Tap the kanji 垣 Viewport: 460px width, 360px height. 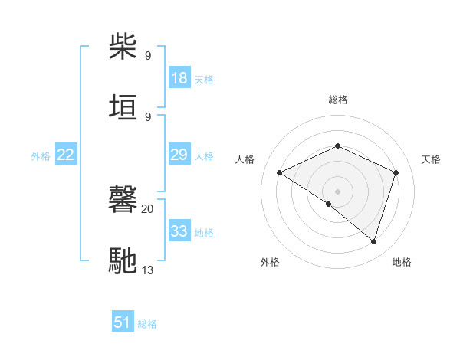124,108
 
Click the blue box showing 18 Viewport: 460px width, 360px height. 179,78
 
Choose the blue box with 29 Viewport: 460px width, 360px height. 179,155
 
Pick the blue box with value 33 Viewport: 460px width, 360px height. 179,231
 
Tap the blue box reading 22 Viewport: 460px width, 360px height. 66,155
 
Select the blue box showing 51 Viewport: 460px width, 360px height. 123,322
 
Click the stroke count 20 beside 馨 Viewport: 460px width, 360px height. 148,208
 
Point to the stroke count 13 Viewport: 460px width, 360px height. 148,269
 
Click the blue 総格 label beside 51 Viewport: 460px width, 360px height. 147,324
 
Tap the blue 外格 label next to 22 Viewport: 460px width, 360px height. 41,156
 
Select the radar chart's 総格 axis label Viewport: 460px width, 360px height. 338,100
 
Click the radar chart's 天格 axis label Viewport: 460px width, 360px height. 431,159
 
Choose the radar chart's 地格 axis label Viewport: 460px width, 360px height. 402,262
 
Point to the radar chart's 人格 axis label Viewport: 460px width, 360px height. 245,159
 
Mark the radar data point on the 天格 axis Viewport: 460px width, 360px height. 396,172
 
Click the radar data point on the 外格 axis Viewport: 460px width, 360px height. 329,204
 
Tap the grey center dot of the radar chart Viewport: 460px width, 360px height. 337,191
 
